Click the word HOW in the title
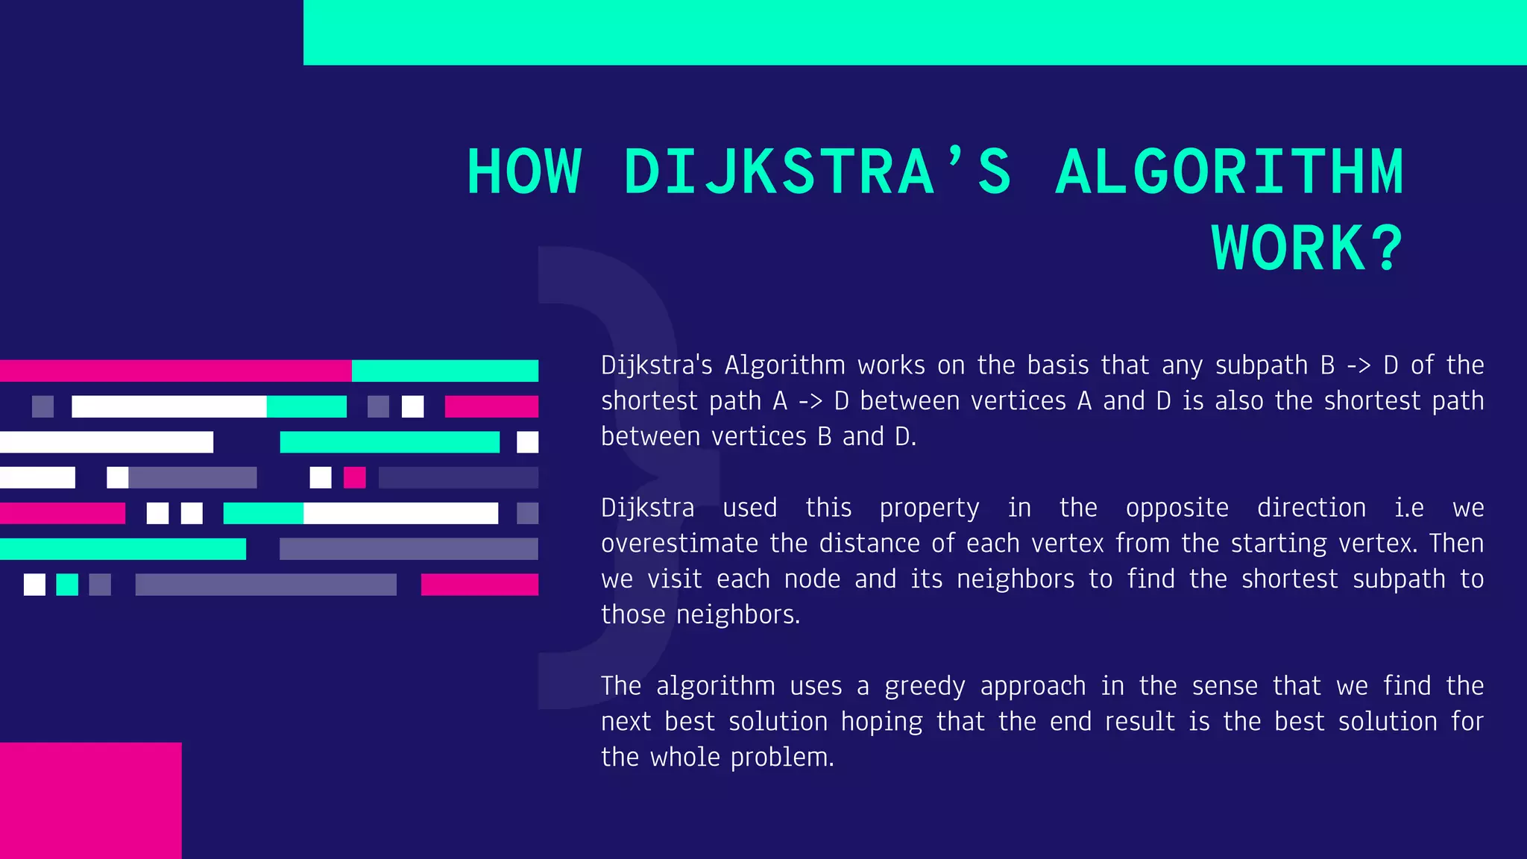[x=524, y=172]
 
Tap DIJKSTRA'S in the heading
[x=817, y=172]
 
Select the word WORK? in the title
[x=1307, y=248]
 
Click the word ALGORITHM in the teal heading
[x=1230, y=172]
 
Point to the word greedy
[x=925, y=687]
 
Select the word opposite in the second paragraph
[x=1177, y=508]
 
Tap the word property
[x=929, y=509]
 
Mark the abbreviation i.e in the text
[x=1409, y=508]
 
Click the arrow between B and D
[x=1358, y=365]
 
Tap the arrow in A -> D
[x=810, y=401]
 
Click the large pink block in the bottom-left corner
[x=90, y=800]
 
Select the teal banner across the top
[x=915, y=32]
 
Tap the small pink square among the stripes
[x=354, y=477]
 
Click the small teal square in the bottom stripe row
[x=67, y=585]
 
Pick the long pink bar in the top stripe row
[x=175, y=371]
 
